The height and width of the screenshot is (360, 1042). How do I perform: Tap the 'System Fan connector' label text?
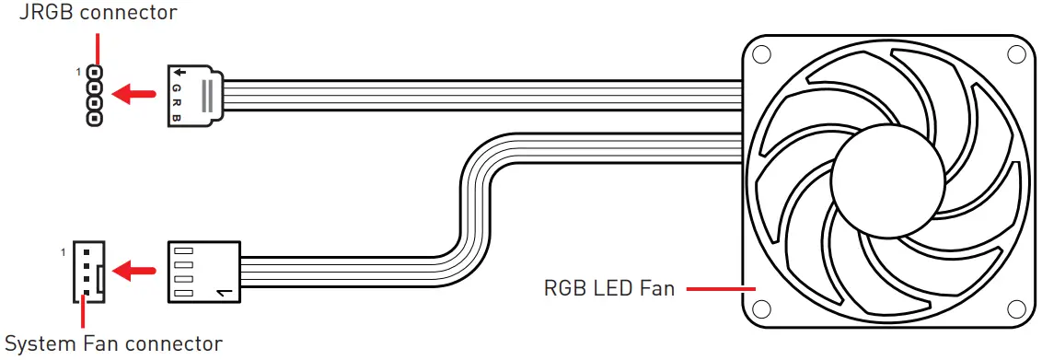(113, 345)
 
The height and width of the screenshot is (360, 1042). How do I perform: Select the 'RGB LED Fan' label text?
(609, 289)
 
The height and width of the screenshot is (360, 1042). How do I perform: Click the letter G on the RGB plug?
(178, 88)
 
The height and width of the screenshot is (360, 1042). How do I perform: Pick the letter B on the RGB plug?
(178, 117)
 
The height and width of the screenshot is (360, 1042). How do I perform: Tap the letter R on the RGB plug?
(178, 102)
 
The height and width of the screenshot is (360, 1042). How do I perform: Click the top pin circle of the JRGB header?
(95, 72)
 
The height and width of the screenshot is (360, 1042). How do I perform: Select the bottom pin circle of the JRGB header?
(95, 119)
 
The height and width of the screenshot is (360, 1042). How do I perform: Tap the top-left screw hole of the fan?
(760, 53)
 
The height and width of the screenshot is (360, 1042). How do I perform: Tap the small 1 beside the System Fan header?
(64, 251)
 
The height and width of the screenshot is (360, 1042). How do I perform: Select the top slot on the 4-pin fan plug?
(182, 250)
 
